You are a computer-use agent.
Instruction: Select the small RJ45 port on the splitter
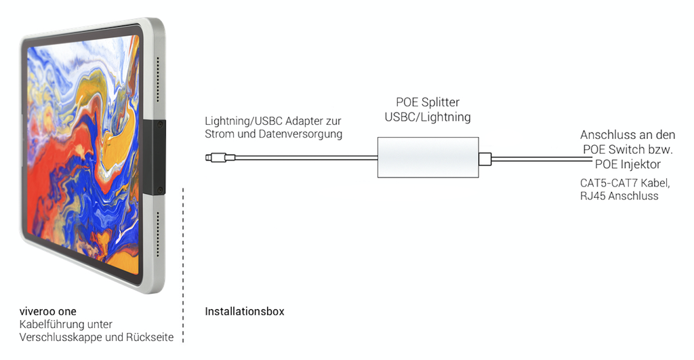pyautogui.click(x=484, y=159)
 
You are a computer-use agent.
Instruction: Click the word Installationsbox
pyautogui.click(x=244, y=312)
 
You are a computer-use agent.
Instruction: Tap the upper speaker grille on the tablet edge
pyautogui.click(x=158, y=81)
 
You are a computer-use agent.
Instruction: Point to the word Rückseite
pyautogui.click(x=150, y=337)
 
